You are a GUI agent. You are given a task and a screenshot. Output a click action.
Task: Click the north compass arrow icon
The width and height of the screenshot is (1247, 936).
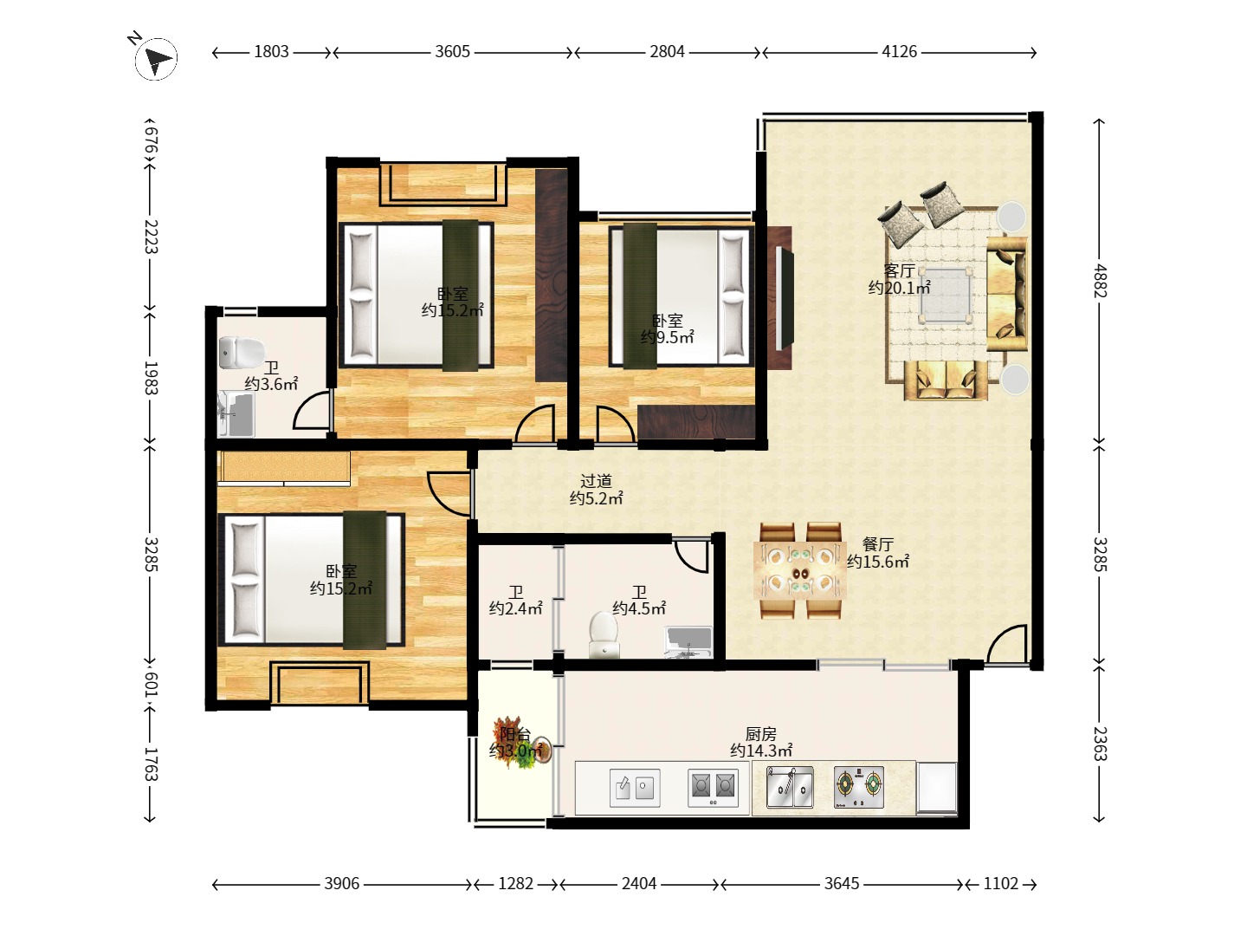(x=156, y=59)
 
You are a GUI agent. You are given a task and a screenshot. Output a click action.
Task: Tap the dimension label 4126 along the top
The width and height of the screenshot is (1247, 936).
(x=900, y=52)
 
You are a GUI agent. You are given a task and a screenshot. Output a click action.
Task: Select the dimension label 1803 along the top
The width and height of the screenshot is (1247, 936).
(x=271, y=52)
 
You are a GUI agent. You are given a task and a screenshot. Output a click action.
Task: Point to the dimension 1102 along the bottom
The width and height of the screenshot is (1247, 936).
(x=1000, y=883)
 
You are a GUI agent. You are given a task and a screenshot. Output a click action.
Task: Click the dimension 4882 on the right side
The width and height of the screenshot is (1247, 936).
(x=1100, y=281)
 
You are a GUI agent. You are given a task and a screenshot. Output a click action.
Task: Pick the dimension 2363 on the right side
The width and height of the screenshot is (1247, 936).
(x=1100, y=744)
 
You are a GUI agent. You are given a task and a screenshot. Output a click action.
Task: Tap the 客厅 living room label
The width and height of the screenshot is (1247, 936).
(x=900, y=270)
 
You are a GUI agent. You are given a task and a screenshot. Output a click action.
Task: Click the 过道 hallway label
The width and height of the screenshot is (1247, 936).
(x=596, y=481)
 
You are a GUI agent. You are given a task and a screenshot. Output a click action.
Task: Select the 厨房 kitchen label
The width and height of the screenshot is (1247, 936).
(x=761, y=734)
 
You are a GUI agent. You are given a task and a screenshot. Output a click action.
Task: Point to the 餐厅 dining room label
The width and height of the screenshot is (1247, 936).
(x=878, y=544)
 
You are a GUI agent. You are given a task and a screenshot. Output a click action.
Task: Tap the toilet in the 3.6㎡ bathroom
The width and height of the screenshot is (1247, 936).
(x=241, y=352)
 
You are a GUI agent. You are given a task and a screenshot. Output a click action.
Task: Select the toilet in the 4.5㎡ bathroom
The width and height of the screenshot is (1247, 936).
(x=604, y=634)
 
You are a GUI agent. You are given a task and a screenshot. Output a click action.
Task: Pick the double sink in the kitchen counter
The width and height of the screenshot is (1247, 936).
(x=790, y=787)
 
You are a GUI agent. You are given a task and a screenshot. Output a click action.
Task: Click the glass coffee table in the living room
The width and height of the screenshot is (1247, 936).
(x=946, y=295)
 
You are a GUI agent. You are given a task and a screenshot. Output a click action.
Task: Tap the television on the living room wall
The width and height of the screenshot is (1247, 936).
(x=784, y=298)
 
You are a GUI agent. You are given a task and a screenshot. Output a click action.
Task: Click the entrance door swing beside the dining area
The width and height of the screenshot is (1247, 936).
(x=1006, y=645)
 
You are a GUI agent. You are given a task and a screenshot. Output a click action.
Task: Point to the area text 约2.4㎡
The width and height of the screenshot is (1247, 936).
(x=516, y=608)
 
